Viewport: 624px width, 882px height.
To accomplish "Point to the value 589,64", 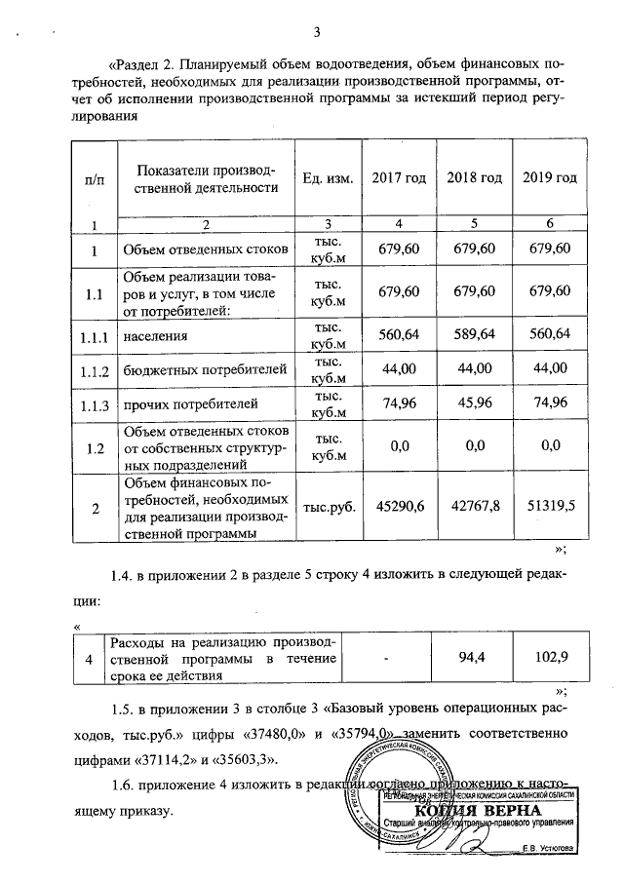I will [474, 335].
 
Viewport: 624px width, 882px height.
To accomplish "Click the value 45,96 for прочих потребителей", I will [474, 402].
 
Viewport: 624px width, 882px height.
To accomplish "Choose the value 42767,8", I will [474, 507].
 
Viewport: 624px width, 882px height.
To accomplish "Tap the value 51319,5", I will [550, 507].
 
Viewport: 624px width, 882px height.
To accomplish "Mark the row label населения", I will [157, 336].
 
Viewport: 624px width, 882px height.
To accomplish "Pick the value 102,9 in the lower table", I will [549, 659].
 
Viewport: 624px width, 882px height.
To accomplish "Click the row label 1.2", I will [95, 447].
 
